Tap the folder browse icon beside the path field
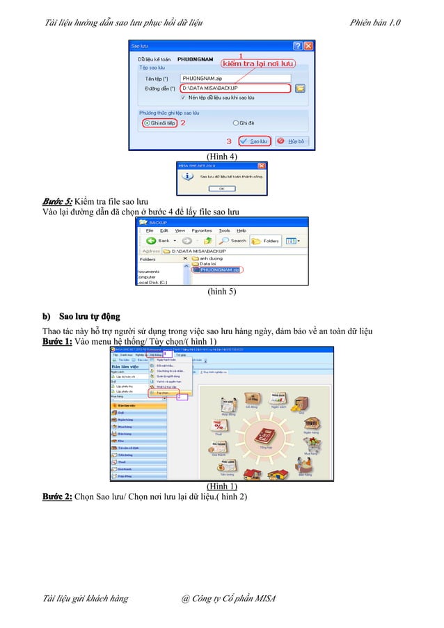(300, 88)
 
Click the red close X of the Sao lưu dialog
(309, 45)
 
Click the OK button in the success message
(221, 188)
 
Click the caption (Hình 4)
(222, 157)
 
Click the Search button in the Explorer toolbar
(233, 240)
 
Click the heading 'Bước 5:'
(57, 201)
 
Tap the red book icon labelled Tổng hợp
(264, 435)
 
